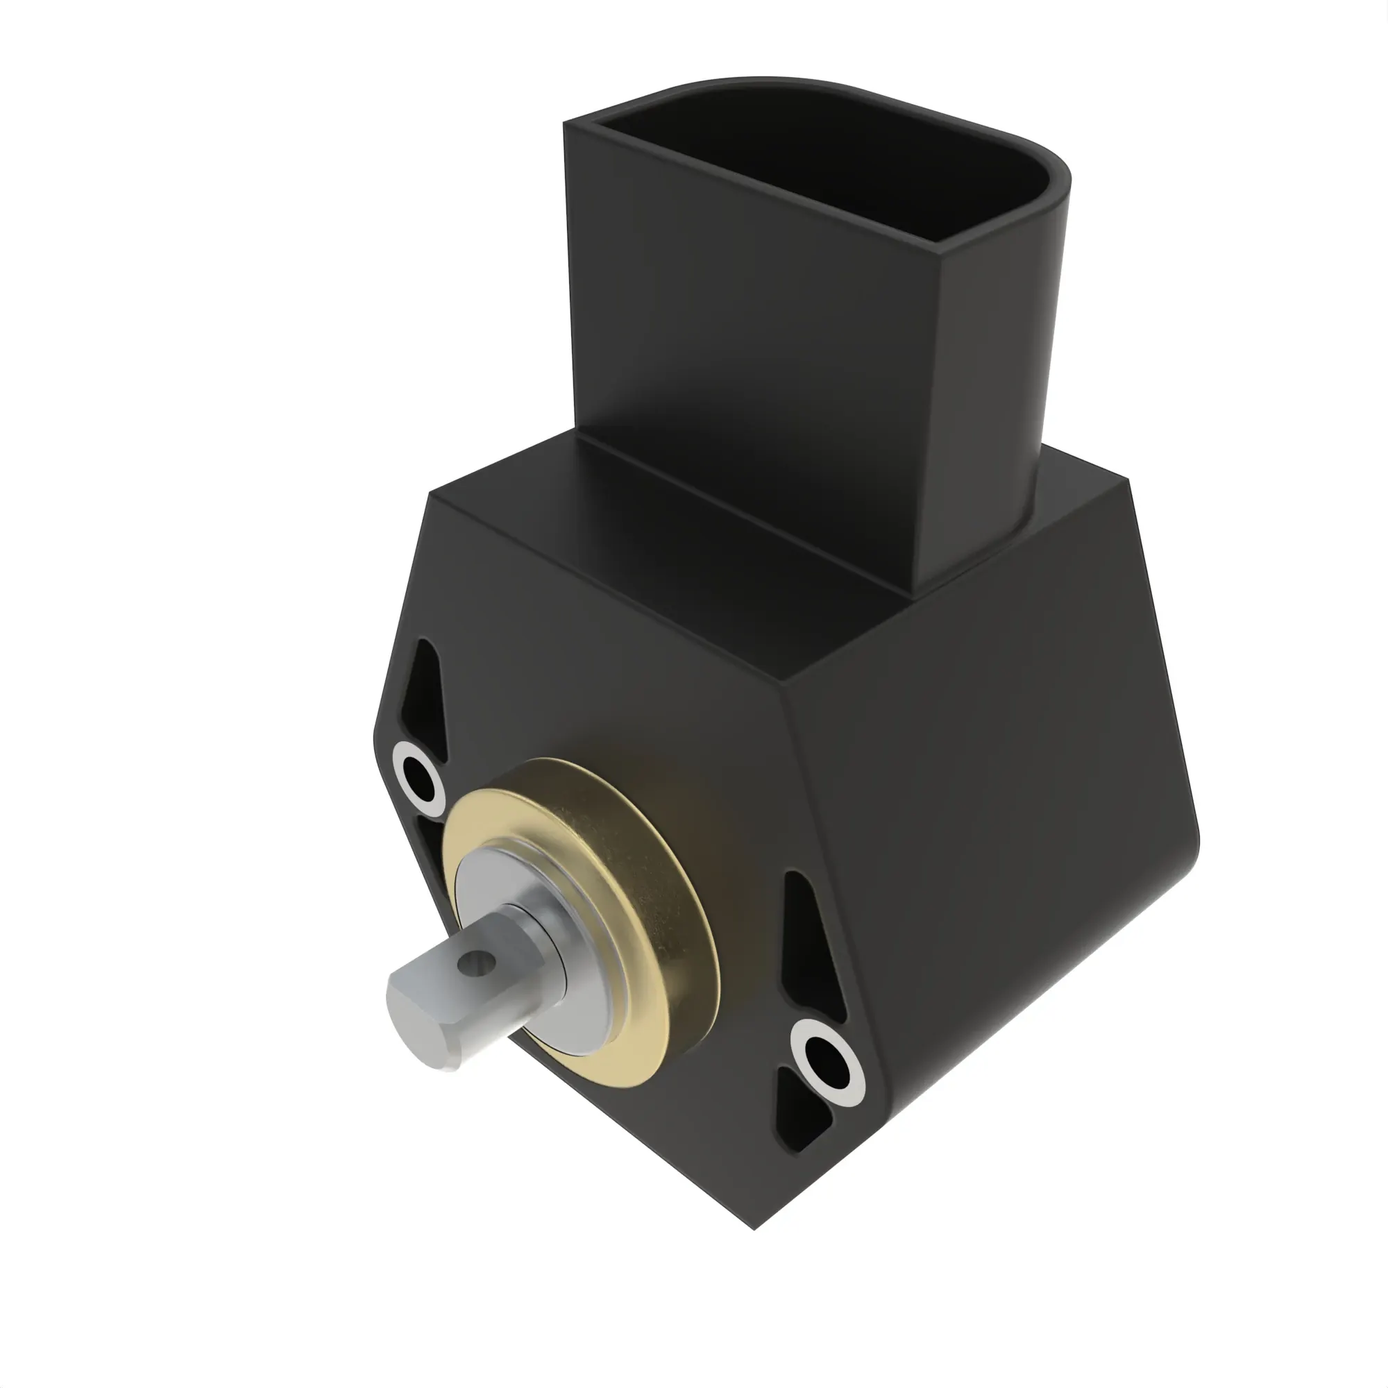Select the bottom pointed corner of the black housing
pyautogui.click(x=754, y=1227)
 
